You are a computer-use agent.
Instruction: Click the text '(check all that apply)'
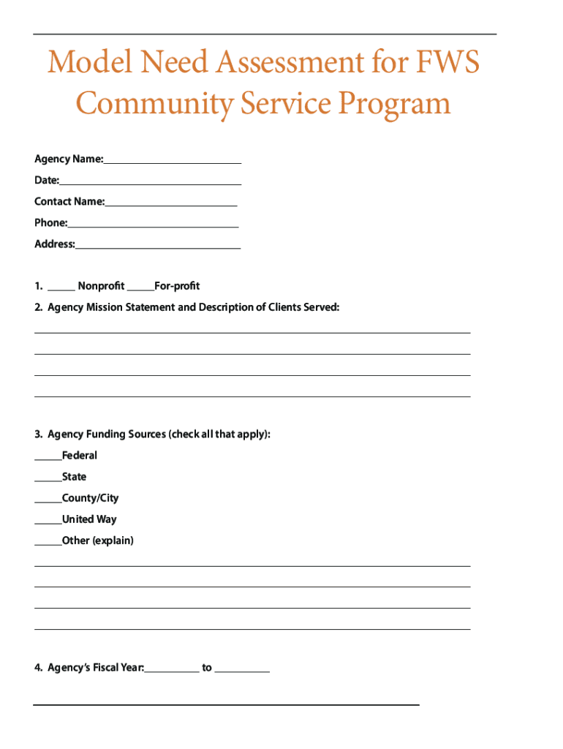pyautogui.click(x=219, y=434)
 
